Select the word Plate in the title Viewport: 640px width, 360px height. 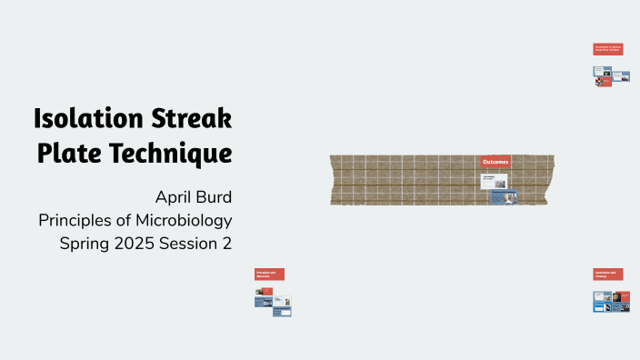coord(67,153)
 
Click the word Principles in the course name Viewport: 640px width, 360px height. coord(80,220)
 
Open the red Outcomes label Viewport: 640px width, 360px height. coord(495,162)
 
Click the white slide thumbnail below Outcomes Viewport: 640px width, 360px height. coord(492,181)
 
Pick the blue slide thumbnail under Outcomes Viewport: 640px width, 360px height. coord(504,196)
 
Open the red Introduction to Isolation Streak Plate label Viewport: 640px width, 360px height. coord(608,49)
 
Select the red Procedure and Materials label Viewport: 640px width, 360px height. coord(269,274)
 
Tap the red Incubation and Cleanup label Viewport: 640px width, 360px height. coord(608,274)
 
